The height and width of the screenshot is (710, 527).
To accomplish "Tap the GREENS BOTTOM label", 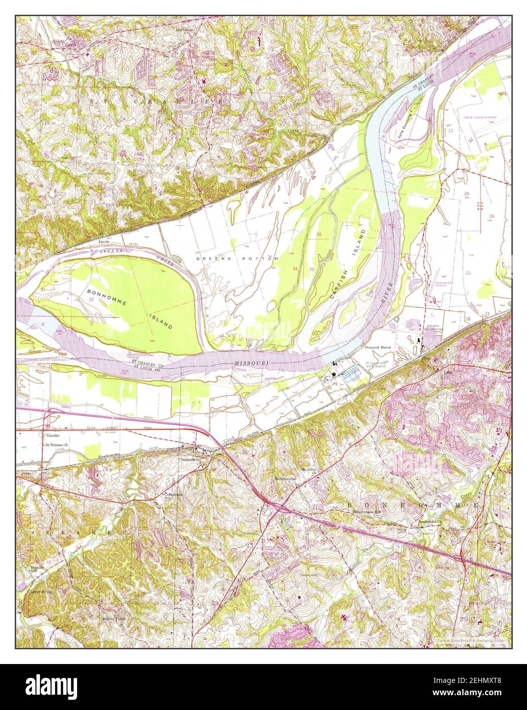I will (237, 259).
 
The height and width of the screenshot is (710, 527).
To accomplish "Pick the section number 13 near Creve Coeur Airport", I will (451, 131).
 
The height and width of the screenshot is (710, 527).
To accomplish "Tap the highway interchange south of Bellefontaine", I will (276, 506).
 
